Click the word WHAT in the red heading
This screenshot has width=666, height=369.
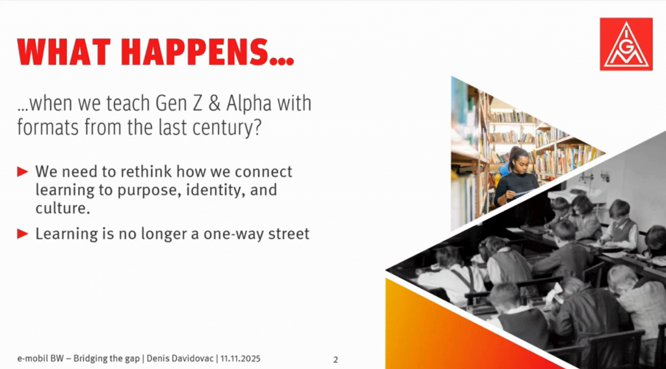64,52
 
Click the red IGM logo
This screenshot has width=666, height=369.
626,44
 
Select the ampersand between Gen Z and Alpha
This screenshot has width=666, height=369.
215,103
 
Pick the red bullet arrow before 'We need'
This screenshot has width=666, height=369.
23,172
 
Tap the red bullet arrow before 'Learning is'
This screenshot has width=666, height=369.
23,234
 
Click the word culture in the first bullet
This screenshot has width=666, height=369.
62,209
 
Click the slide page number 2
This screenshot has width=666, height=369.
336,360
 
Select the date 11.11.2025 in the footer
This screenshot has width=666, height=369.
240,359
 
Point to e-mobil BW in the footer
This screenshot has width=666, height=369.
40,359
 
